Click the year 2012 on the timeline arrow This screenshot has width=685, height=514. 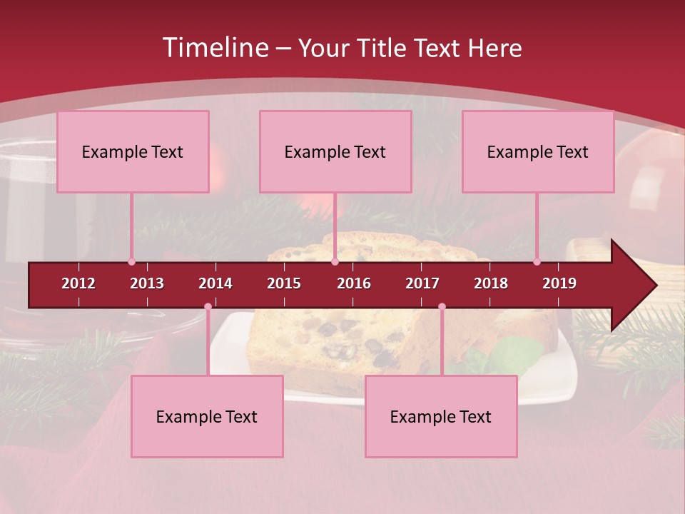78,283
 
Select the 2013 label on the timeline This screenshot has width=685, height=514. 147,283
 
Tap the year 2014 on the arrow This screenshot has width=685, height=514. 215,283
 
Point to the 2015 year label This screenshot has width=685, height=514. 284,283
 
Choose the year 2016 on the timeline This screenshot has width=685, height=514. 354,283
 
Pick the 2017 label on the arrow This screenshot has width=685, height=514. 422,283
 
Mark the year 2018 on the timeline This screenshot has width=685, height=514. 491,283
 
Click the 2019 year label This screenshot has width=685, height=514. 559,283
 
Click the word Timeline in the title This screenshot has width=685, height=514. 214,48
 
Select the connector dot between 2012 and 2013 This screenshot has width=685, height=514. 131,262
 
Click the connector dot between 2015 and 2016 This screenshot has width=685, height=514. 335,262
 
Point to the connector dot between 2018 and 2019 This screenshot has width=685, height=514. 537,262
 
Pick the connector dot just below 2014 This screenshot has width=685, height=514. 208,307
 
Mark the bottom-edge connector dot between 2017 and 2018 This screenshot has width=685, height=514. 442,307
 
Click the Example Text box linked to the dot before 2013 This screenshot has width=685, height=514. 133,151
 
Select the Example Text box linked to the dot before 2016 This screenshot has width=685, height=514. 335,151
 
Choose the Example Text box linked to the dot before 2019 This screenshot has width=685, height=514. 538,151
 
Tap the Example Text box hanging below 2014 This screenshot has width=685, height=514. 207,416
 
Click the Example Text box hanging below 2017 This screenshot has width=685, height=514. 441,416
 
